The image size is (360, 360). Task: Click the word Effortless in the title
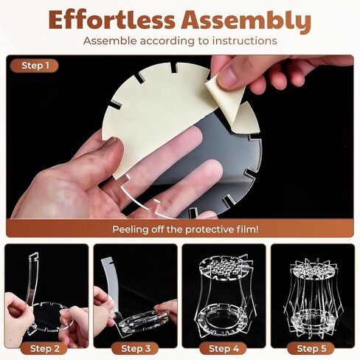point(111,20)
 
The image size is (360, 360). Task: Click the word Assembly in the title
point(246,21)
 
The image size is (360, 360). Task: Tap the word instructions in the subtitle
point(245,41)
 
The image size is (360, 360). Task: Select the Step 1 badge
point(35,66)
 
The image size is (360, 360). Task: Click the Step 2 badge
point(44,348)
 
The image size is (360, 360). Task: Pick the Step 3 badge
point(136,348)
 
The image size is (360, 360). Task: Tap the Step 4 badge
point(224,348)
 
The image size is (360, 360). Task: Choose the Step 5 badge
point(311,348)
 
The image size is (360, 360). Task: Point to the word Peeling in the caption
point(131,230)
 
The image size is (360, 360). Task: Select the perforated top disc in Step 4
point(224,268)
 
